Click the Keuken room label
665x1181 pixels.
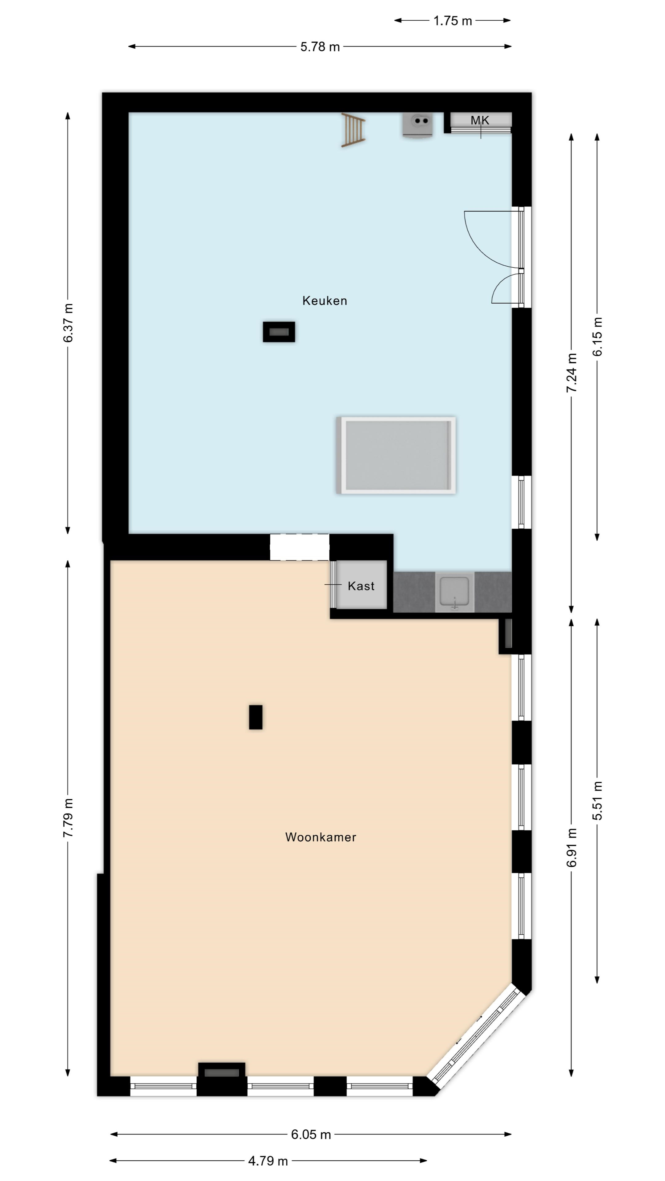[324, 301]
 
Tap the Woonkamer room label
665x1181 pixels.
[320, 837]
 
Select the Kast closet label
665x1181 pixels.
[361, 586]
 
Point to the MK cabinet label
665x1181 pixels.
[480, 120]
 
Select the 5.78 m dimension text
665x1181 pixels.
[320, 47]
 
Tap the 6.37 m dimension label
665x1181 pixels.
[68, 323]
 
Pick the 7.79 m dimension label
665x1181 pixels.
[68, 818]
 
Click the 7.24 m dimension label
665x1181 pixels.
[571, 373]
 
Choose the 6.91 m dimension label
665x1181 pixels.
[571, 848]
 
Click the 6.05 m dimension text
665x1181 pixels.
[311, 1135]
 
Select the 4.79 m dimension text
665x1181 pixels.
[268, 1161]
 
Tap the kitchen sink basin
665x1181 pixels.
[454, 592]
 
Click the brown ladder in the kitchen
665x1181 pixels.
[353, 130]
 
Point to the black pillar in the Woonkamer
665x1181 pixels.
[256, 717]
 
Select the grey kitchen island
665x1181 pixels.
[396, 455]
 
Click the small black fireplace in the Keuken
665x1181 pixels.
[279, 332]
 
